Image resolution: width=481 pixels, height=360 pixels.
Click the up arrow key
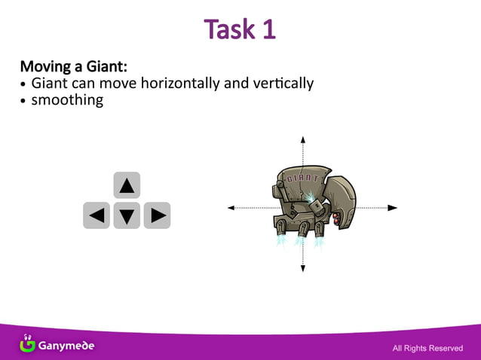[127, 185]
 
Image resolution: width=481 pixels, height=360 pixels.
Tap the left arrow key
[97, 215]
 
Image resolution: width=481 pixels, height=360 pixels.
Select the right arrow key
[157, 215]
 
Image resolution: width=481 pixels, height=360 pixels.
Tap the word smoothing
[67, 99]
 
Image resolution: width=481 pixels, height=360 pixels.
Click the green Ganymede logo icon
[27, 343]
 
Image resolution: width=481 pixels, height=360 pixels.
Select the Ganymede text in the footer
[67, 346]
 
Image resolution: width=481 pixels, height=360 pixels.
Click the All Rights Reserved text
[427, 348]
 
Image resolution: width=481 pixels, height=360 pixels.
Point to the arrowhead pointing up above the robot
[303, 139]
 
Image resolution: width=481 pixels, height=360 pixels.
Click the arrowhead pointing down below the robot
[303, 269]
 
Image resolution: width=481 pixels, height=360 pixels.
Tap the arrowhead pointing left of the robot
[231, 207]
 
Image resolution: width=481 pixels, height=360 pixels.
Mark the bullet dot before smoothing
[24, 100]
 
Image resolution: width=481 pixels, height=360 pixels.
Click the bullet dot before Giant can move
[24, 84]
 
